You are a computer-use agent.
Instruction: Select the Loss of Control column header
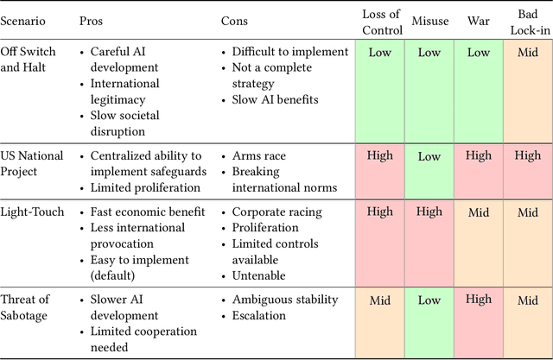(x=380, y=20)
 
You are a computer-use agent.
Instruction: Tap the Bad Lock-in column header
(x=527, y=20)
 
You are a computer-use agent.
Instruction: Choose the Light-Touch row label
(x=32, y=212)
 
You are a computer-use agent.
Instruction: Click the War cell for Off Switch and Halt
(x=479, y=53)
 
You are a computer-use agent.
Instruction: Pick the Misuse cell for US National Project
(x=429, y=156)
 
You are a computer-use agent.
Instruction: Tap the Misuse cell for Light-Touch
(x=429, y=212)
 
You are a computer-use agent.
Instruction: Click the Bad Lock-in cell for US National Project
(x=527, y=156)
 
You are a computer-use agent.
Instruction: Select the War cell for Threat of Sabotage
(x=479, y=300)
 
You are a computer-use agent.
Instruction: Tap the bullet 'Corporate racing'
(x=276, y=212)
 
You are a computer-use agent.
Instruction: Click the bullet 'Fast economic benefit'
(x=148, y=212)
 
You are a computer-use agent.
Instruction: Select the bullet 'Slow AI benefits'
(x=275, y=100)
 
